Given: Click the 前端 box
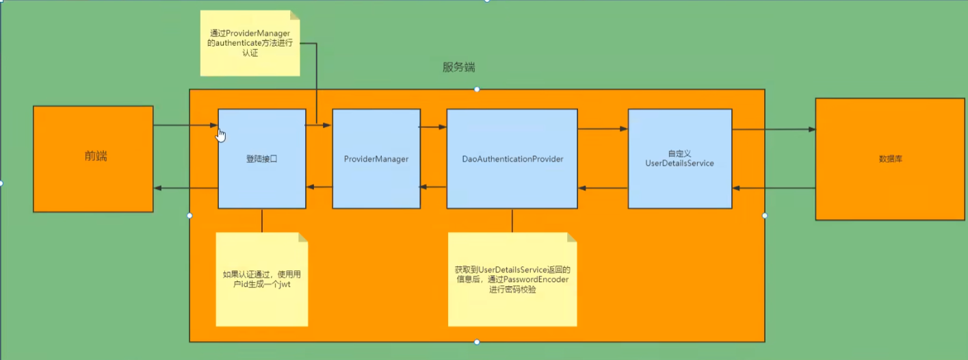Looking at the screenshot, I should click(x=93, y=159).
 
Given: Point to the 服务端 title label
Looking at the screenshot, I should click(x=458, y=68).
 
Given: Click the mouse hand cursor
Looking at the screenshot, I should click(x=220, y=134).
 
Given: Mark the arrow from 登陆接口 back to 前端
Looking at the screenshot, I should click(x=185, y=188).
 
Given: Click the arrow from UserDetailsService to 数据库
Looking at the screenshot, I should click(x=773, y=129).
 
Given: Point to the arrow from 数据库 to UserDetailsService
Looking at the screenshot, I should click(x=773, y=188).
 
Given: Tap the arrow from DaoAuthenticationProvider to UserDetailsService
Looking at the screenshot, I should click(x=602, y=129).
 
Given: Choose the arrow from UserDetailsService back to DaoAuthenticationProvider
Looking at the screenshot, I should click(x=602, y=188).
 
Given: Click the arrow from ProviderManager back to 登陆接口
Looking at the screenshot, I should click(x=319, y=187).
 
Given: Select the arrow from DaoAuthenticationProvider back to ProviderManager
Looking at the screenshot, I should click(x=432, y=187).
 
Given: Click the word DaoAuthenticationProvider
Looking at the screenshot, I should click(x=512, y=159).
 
